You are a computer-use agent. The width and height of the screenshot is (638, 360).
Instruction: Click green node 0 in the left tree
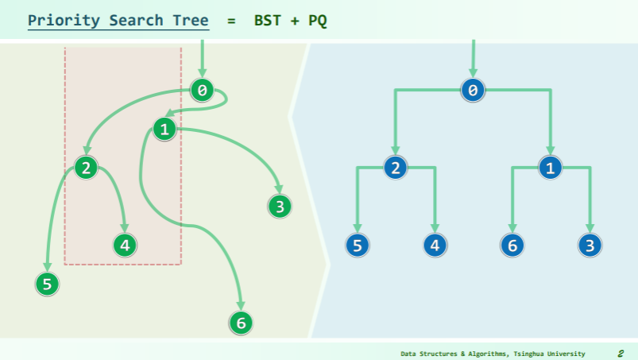click(203, 91)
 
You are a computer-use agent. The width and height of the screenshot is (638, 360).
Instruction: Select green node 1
click(164, 129)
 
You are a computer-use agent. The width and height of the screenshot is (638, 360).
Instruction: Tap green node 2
click(86, 167)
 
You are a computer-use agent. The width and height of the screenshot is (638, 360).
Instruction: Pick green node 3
click(279, 207)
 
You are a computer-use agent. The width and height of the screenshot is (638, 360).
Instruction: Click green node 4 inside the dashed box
click(125, 245)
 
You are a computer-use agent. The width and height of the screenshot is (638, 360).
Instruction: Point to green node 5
click(47, 283)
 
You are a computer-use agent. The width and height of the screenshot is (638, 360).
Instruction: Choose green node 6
click(240, 323)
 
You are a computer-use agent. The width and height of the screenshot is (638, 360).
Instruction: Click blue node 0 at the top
click(473, 91)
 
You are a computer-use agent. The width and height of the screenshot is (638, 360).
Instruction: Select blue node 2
click(395, 168)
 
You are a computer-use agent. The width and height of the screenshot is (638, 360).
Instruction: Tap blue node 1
click(550, 168)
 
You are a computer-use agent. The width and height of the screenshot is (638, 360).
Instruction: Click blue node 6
click(512, 245)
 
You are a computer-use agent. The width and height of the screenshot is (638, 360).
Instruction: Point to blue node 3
click(589, 245)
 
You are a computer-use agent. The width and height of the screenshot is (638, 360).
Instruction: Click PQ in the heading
click(319, 20)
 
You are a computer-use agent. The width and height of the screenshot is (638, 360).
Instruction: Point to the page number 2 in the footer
click(620, 353)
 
